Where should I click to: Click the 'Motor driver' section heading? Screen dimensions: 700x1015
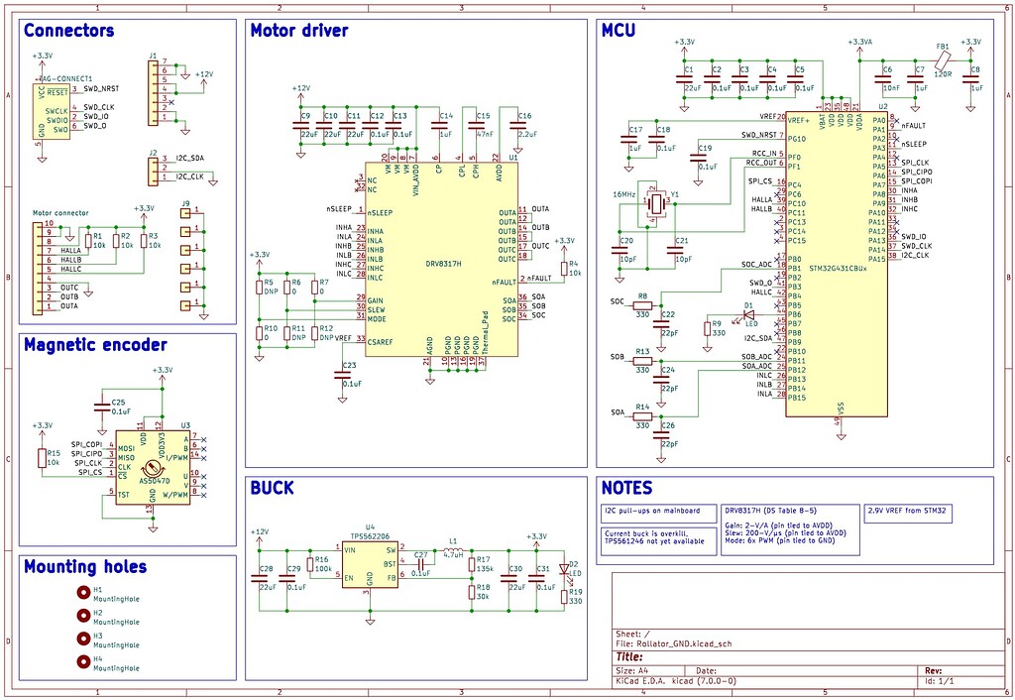point(298,31)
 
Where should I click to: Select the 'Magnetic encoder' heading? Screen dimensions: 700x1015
point(95,345)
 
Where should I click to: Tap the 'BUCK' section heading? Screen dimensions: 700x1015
point(272,488)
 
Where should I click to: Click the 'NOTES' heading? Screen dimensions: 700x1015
point(626,488)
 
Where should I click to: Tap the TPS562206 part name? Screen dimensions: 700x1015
point(371,535)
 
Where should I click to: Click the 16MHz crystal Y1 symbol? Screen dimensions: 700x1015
point(653,203)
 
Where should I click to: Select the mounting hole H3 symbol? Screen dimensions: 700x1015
point(83,640)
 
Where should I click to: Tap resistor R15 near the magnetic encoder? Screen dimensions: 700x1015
point(43,457)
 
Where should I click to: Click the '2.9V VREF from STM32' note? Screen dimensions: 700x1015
point(909,512)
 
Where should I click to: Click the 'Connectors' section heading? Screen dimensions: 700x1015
point(68,31)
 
